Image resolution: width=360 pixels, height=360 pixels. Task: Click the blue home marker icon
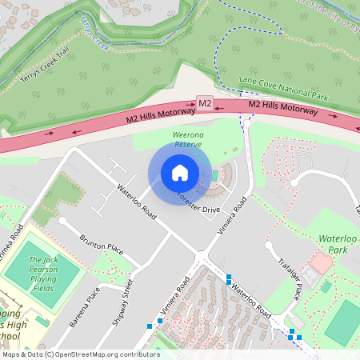tap(180, 173)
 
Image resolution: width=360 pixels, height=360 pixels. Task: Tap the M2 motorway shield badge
tap(205, 103)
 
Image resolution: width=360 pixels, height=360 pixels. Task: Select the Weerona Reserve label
tap(188, 140)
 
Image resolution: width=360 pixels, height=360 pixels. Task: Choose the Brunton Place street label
tap(102, 245)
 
